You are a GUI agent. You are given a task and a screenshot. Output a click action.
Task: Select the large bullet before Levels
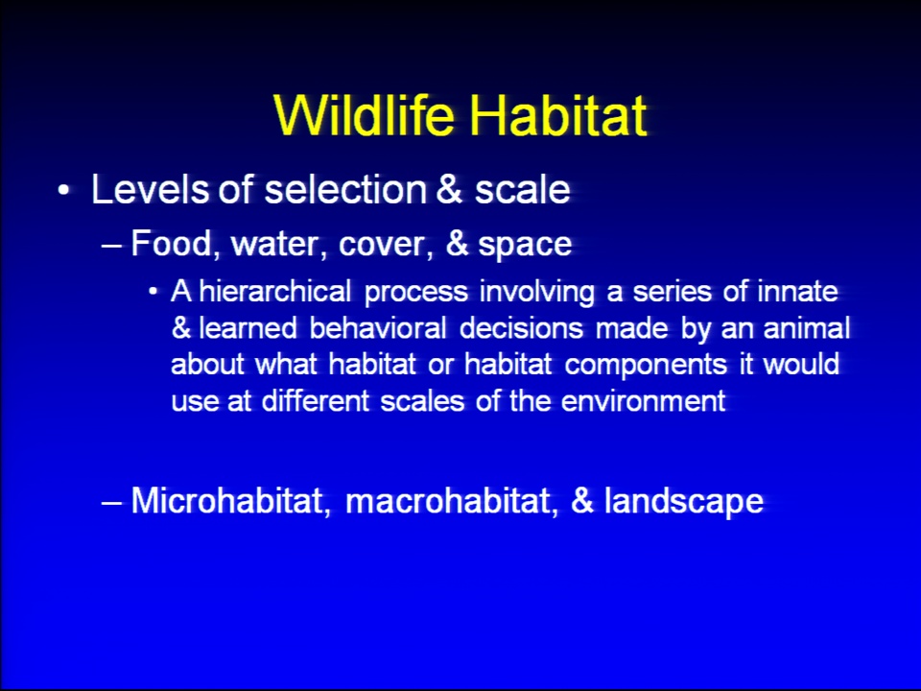(x=63, y=190)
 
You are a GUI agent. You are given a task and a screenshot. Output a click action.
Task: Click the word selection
(x=345, y=189)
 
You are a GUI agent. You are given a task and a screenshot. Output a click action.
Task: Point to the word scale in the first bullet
(x=522, y=189)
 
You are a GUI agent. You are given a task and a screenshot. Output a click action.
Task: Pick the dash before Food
(x=111, y=245)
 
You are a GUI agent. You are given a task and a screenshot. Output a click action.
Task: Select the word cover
(x=386, y=244)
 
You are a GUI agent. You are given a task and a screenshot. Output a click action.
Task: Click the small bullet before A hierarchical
(x=153, y=292)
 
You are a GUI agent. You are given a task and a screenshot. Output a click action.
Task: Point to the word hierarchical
(x=275, y=291)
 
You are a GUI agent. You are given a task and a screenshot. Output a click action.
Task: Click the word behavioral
(x=378, y=327)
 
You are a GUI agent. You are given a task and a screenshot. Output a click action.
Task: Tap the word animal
(x=807, y=327)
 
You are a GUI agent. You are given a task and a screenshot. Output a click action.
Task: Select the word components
(x=646, y=365)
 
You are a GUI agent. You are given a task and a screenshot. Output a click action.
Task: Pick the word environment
(x=643, y=401)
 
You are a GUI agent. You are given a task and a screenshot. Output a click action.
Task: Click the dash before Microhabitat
(x=111, y=503)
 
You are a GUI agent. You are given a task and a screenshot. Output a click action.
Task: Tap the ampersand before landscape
(x=581, y=501)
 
